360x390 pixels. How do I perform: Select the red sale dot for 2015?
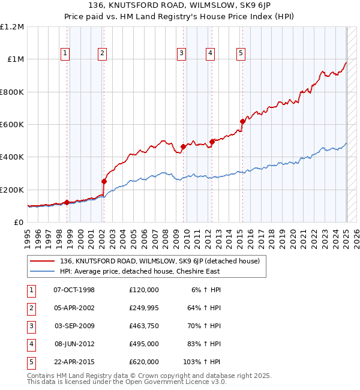coord(242,122)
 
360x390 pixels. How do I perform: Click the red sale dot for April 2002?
coord(104,181)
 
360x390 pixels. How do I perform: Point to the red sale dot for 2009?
coord(182,146)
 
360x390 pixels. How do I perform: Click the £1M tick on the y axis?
coord(13,59)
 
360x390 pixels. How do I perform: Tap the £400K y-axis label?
coord(12,157)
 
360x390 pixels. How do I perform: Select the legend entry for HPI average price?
coord(139,271)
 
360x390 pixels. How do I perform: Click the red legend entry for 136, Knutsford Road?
coord(159,261)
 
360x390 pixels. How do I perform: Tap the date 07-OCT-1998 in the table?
coord(74,290)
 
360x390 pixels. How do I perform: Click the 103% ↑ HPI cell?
coord(202,362)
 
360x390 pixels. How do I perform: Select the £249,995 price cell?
coord(144,308)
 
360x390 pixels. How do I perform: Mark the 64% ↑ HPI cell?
coord(204,308)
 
